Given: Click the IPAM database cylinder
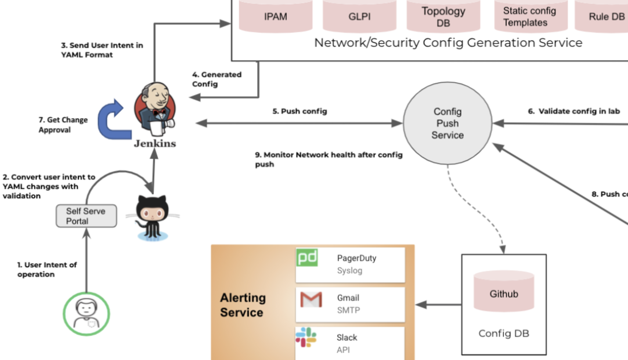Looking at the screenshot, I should pos(275,16).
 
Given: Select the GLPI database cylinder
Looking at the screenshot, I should pos(359,16).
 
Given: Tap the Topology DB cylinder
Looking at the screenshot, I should pos(443,16).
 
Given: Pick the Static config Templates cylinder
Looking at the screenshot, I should pos(530,16).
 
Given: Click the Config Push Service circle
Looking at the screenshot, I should pos(447,123).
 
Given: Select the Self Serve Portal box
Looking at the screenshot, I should pos(86,216).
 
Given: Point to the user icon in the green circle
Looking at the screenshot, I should pos(86,314).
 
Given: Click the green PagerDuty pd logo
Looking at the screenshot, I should pos(307,258).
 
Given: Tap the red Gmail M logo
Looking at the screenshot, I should pos(311,300).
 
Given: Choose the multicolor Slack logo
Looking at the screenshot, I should pos(306,337).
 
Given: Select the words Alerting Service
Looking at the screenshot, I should pos(243,305).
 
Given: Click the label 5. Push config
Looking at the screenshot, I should pos(299,111).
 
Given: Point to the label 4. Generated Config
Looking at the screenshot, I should pos(216,79).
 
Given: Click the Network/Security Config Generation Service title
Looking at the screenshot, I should pos(448,43).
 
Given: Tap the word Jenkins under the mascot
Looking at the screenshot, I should pos(155,143).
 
